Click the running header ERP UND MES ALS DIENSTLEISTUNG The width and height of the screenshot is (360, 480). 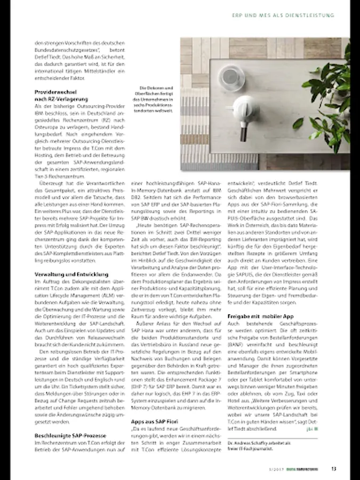(x=283, y=15)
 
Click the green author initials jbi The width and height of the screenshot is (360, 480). (x=309, y=428)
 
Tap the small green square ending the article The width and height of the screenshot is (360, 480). (x=316, y=428)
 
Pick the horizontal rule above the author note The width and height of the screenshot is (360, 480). (x=272, y=437)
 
